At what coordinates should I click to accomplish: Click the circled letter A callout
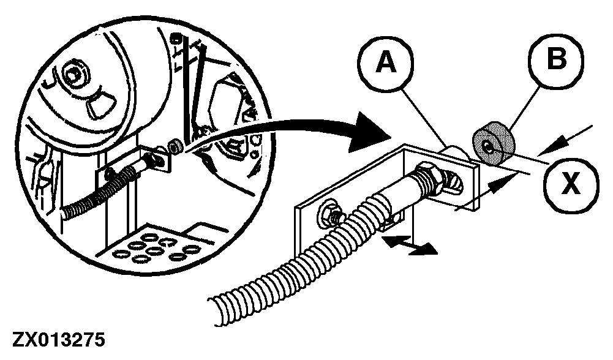[x=385, y=62]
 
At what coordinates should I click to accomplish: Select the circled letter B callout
[x=556, y=60]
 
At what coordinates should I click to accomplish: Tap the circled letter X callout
[x=571, y=184]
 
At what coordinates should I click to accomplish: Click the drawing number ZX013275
[x=59, y=339]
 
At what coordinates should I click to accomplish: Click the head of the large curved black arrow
[x=369, y=132]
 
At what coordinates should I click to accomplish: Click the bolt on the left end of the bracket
[x=333, y=214]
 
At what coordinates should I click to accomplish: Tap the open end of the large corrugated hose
[x=219, y=311]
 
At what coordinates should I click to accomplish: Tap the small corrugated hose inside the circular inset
[x=98, y=192]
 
